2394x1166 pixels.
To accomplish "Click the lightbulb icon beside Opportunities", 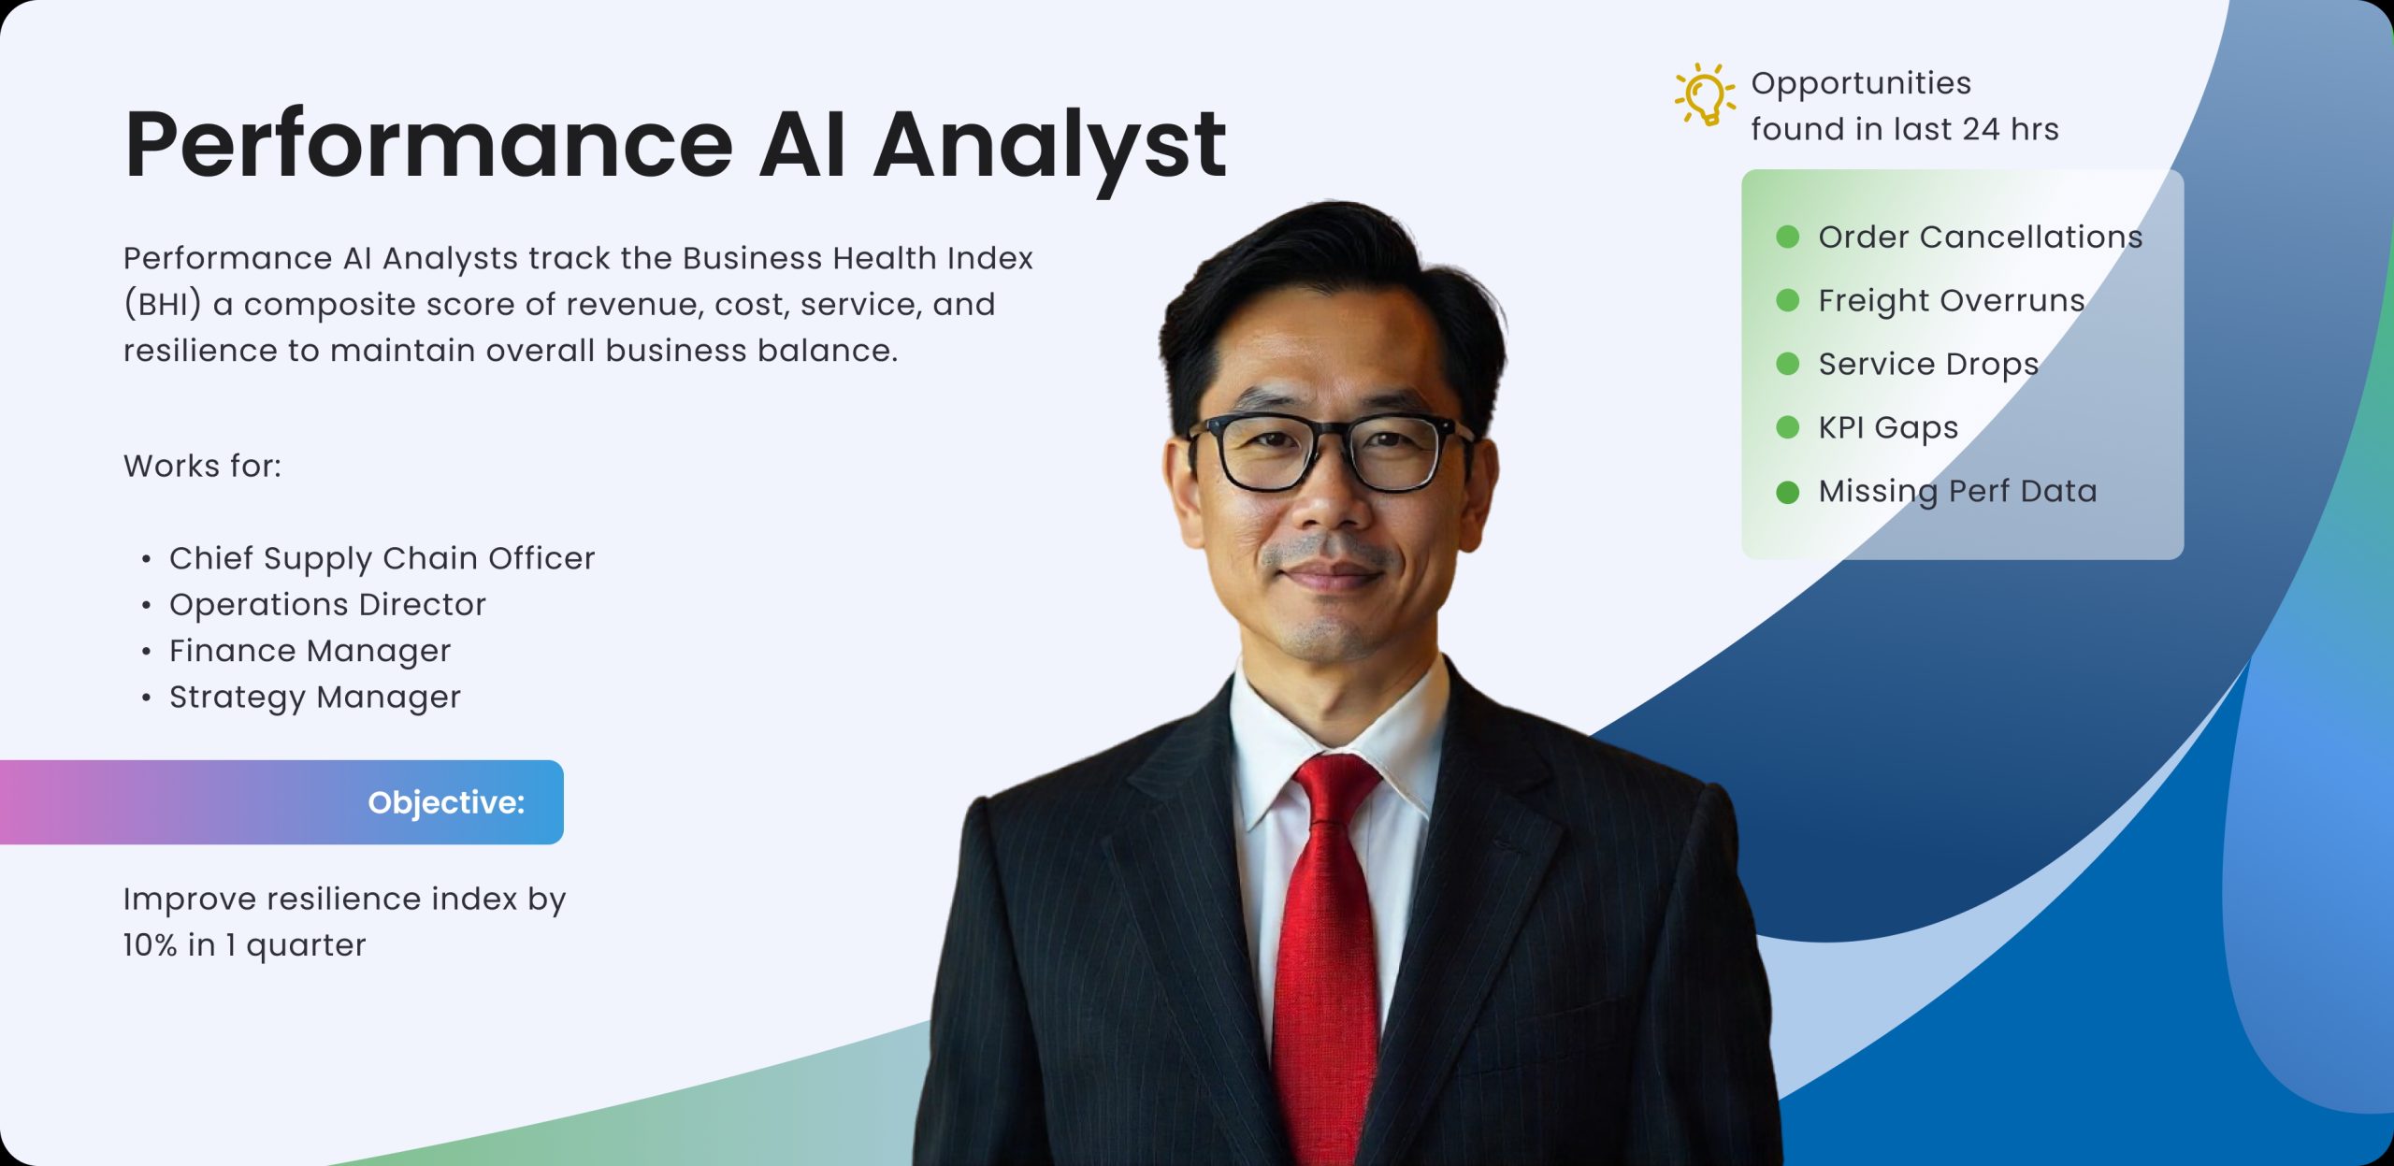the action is coord(1704,94).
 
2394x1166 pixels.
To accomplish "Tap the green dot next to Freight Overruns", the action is coord(1787,300).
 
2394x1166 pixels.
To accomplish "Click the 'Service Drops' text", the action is coord(1928,365).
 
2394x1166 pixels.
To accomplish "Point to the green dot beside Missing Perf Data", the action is coord(1787,492).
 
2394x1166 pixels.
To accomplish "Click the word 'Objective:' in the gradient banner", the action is coord(446,802).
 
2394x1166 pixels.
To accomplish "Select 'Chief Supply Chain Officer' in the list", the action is coord(382,558).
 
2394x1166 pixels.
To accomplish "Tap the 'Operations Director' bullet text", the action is coord(327,605).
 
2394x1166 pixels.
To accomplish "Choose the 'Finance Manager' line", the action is coord(310,651).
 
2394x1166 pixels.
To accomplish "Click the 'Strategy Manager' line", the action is coord(315,698).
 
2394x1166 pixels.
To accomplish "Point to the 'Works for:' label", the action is coord(202,466).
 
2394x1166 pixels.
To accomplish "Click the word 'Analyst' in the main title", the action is coord(1049,146).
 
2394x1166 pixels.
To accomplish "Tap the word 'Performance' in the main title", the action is coord(429,144).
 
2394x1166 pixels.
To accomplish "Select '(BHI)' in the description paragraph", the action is coord(163,305).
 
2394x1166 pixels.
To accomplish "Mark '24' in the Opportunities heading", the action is coord(1982,129).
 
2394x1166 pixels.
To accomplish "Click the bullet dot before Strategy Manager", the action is coord(146,698).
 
